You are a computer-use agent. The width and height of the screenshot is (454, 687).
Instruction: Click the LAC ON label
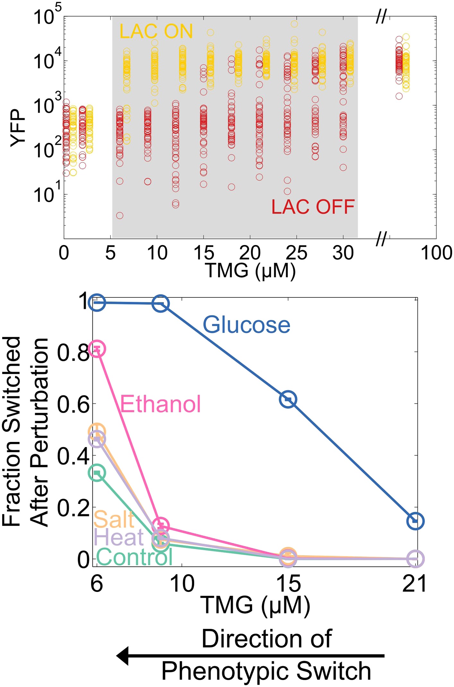[156, 31]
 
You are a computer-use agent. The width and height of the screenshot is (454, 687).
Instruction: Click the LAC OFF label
[313, 207]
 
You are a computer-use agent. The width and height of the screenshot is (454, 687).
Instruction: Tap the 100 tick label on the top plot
[436, 253]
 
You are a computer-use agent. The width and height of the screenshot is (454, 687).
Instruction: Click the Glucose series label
[246, 325]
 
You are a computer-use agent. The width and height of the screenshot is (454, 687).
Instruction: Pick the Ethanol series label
[160, 404]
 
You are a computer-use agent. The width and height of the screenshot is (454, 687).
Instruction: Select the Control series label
[134, 557]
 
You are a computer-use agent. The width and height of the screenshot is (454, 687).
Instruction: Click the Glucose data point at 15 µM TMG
[288, 399]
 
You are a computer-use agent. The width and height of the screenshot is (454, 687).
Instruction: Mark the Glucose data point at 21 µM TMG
[415, 521]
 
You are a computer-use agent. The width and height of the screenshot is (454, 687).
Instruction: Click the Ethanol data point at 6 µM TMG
[97, 349]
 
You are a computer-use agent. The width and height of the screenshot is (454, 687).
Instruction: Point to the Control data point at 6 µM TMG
[97, 472]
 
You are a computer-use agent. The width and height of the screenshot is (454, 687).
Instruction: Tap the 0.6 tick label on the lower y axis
[73, 404]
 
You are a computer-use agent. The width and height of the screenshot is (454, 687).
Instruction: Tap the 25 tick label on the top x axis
[296, 253]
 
